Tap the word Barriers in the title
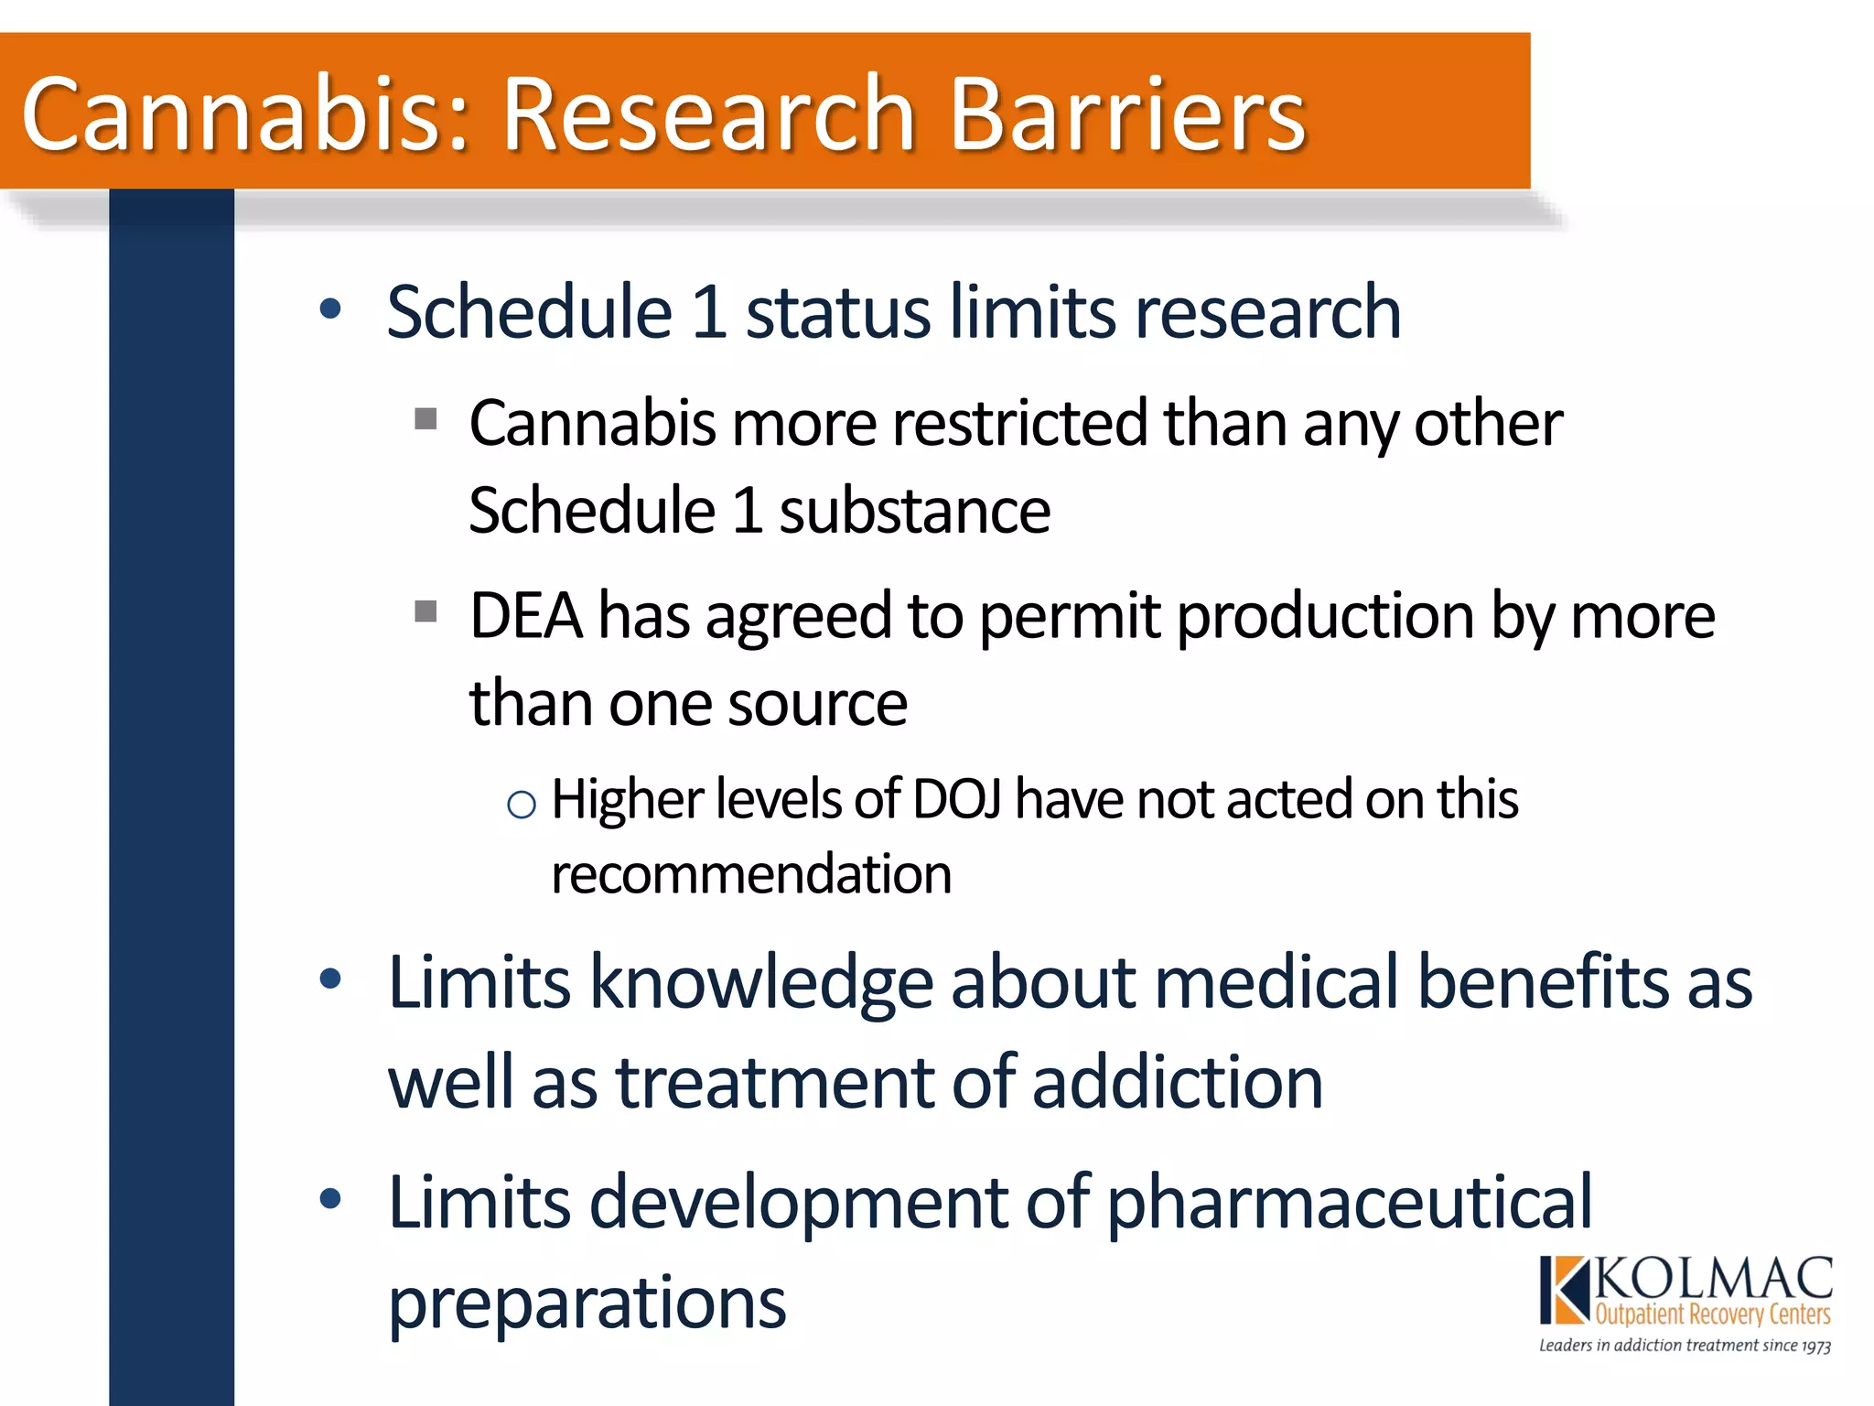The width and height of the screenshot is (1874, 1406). pos(1127,115)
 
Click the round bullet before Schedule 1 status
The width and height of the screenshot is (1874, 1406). pos(330,309)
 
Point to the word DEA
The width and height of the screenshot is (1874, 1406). pos(525,615)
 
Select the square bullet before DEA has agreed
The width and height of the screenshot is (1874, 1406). pos(425,611)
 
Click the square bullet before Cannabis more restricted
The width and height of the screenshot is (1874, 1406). pos(425,419)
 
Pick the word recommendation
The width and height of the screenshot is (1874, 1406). pos(751,874)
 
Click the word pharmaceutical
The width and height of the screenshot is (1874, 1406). pos(1349,1203)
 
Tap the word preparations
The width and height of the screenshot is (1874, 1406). pos(587,1303)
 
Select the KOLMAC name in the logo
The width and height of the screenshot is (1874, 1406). pos(1714,1279)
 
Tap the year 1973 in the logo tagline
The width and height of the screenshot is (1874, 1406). pos(1815,1347)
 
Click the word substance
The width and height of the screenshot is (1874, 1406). pos(914,511)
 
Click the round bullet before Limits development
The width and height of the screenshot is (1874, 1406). pos(330,1198)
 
